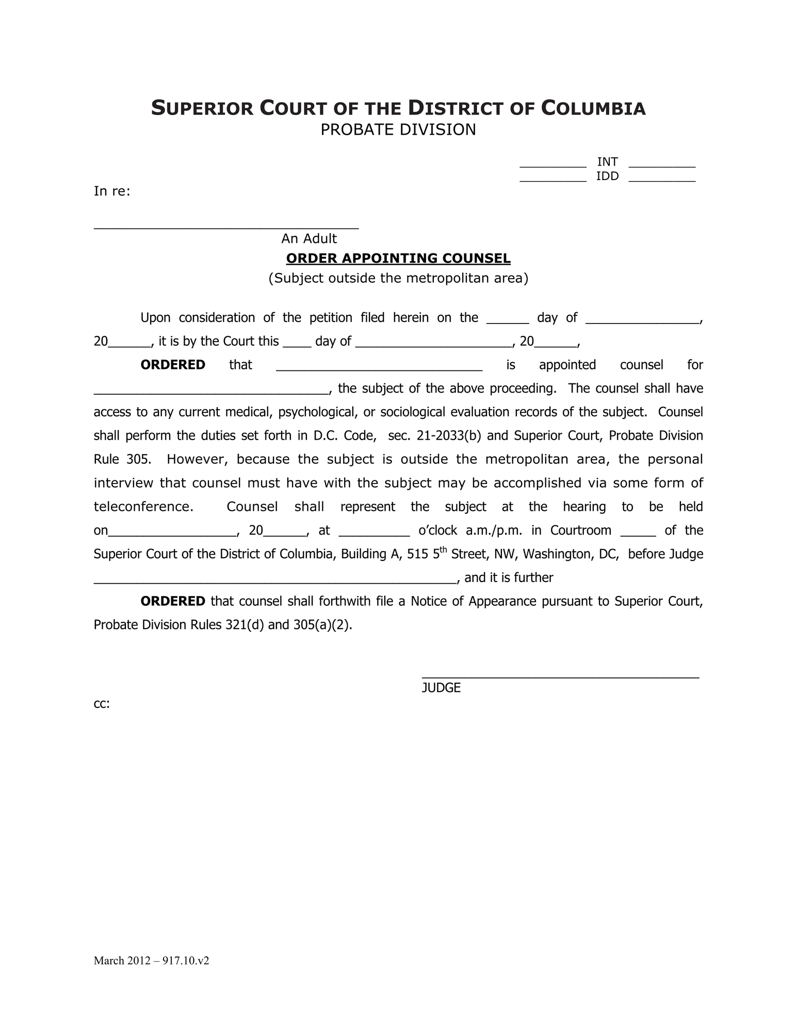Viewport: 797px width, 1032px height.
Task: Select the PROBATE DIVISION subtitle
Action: [398, 130]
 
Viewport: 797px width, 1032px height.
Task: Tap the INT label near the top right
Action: [607, 162]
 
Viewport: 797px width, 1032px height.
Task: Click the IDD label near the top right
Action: [607, 176]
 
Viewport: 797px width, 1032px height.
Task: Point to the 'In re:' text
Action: [112, 191]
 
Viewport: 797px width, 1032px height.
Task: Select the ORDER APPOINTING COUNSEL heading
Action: [398, 258]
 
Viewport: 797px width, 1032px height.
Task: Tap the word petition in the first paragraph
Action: [331, 318]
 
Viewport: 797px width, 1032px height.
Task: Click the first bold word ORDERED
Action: [173, 365]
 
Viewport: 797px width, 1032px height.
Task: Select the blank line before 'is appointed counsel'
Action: [379, 369]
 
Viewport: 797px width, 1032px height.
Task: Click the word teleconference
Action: [143, 507]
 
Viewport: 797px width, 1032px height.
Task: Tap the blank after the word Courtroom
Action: [638, 535]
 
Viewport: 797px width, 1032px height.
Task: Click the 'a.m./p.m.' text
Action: [494, 531]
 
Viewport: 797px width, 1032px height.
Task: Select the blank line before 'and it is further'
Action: [275, 582]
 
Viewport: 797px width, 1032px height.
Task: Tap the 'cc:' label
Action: [102, 704]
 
